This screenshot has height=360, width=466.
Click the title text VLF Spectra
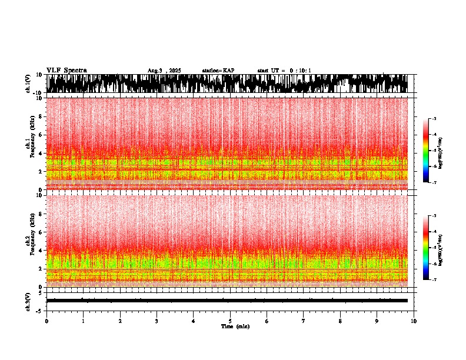66,70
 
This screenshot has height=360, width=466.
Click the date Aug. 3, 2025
164,71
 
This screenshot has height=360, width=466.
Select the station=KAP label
218,71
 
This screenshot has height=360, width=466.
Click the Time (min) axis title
235,326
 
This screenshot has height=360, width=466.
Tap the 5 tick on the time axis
230,321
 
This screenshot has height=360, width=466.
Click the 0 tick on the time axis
46,321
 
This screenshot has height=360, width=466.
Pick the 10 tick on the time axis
414,321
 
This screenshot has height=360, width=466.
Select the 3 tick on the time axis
157,321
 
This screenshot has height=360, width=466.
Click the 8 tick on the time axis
340,321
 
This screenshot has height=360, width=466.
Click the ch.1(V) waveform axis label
28,84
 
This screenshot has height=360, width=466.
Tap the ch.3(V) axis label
28,301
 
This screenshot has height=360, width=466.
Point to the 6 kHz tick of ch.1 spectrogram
41,135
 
